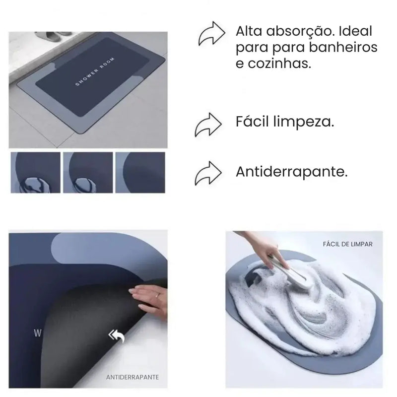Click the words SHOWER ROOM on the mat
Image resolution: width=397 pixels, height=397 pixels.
point(95,72)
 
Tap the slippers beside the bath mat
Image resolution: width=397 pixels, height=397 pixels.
point(54,36)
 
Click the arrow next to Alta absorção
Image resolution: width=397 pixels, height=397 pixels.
point(212,34)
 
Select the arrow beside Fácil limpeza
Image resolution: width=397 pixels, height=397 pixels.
point(208,125)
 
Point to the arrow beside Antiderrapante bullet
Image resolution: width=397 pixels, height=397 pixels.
point(208,173)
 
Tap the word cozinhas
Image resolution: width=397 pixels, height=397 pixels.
point(279,63)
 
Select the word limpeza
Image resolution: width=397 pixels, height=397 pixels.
point(304,122)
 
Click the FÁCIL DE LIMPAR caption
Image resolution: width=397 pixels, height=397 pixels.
point(348,244)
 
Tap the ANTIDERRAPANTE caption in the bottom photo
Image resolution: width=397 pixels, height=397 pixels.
point(132,377)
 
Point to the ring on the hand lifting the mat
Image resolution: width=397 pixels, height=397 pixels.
point(157,295)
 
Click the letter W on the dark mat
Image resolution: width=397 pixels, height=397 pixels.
point(38,333)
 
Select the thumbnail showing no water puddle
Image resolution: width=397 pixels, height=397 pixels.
point(140,172)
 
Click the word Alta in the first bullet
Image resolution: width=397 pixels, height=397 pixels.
point(249,31)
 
